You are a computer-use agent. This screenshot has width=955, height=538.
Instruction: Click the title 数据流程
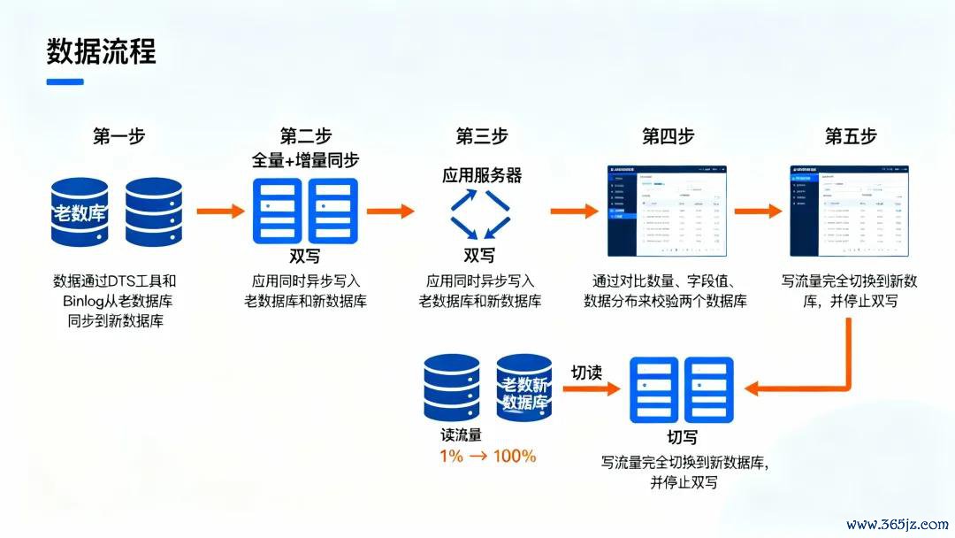pos(101,51)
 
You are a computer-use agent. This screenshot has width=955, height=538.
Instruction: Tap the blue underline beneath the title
pos(65,82)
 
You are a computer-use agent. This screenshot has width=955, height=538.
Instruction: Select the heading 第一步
pos(118,136)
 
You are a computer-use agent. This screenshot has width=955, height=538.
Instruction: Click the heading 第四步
pos(668,136)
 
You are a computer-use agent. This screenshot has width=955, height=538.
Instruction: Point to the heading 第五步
pos(851,136)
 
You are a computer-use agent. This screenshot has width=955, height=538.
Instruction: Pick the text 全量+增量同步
pos(306,161)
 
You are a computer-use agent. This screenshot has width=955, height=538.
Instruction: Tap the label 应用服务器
pos(482,175)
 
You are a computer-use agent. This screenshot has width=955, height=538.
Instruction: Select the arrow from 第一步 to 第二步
pos(218,211)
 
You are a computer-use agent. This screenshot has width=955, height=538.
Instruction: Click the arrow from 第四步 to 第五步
pos(757,211)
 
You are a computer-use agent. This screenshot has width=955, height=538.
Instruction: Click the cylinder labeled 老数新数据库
pos(524,388)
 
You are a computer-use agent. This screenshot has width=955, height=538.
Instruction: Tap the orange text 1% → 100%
pos(488,457)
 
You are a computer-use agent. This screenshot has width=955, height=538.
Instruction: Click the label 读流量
pos(461,435)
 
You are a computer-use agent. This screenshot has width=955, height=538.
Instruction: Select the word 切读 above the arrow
pos(585,373)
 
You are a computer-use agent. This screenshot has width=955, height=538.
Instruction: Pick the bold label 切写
pos(682,438)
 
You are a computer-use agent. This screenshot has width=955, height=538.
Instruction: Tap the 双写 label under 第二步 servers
pos(306,256)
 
